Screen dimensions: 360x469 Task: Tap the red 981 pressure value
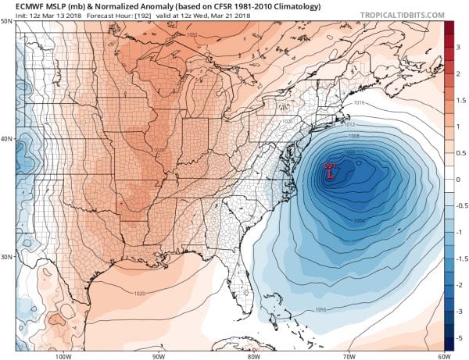coord(330,166)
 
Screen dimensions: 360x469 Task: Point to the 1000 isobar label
coord(349,151)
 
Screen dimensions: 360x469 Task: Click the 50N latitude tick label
coord(6,22)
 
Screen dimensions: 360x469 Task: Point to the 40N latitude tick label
coord(6,140)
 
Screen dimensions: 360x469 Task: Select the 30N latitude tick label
coord(6,257)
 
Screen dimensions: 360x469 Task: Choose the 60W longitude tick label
coord(443,355)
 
